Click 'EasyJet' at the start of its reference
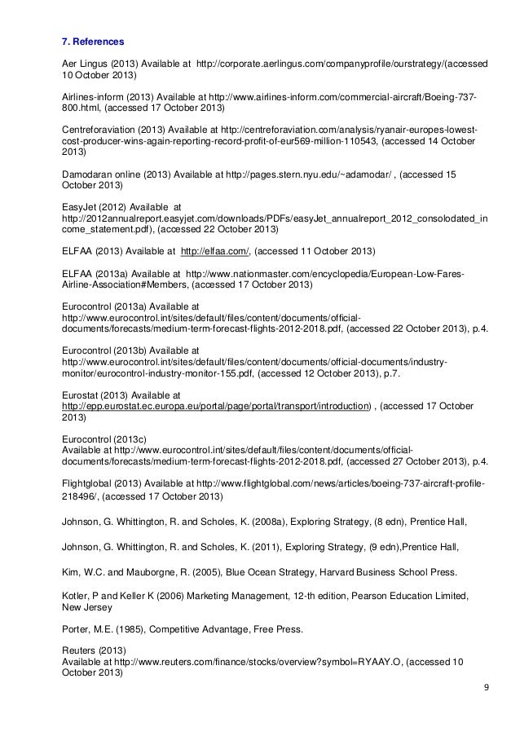[x=80, y=207]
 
